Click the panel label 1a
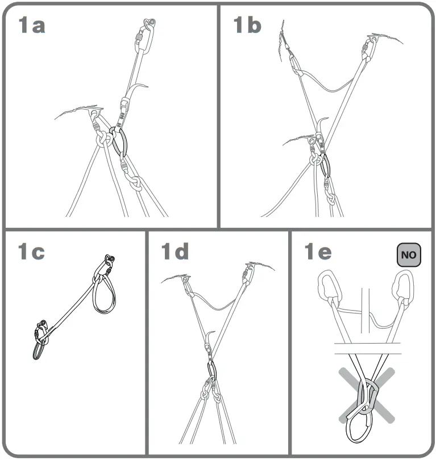(32, 26)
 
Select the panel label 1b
(248, 26)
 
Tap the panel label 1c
(32, 252)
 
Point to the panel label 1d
(175, 252)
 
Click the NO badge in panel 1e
(408, 255)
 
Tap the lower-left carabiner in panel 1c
(40, 341)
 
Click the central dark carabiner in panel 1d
(211, 370)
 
